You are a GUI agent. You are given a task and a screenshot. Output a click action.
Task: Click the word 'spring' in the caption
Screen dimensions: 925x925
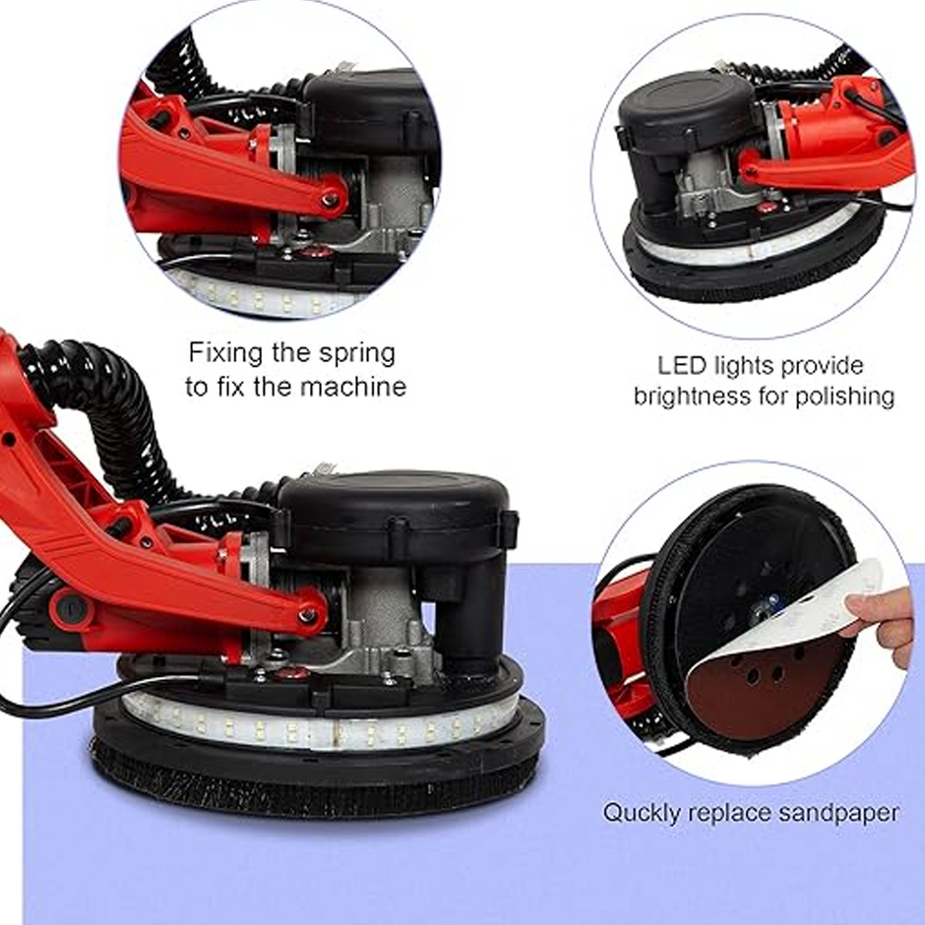click(357, 354)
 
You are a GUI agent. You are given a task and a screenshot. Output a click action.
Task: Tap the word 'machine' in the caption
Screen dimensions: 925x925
click(353, 387)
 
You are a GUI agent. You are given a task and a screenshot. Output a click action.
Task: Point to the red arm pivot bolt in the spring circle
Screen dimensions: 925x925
click(330, 200)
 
